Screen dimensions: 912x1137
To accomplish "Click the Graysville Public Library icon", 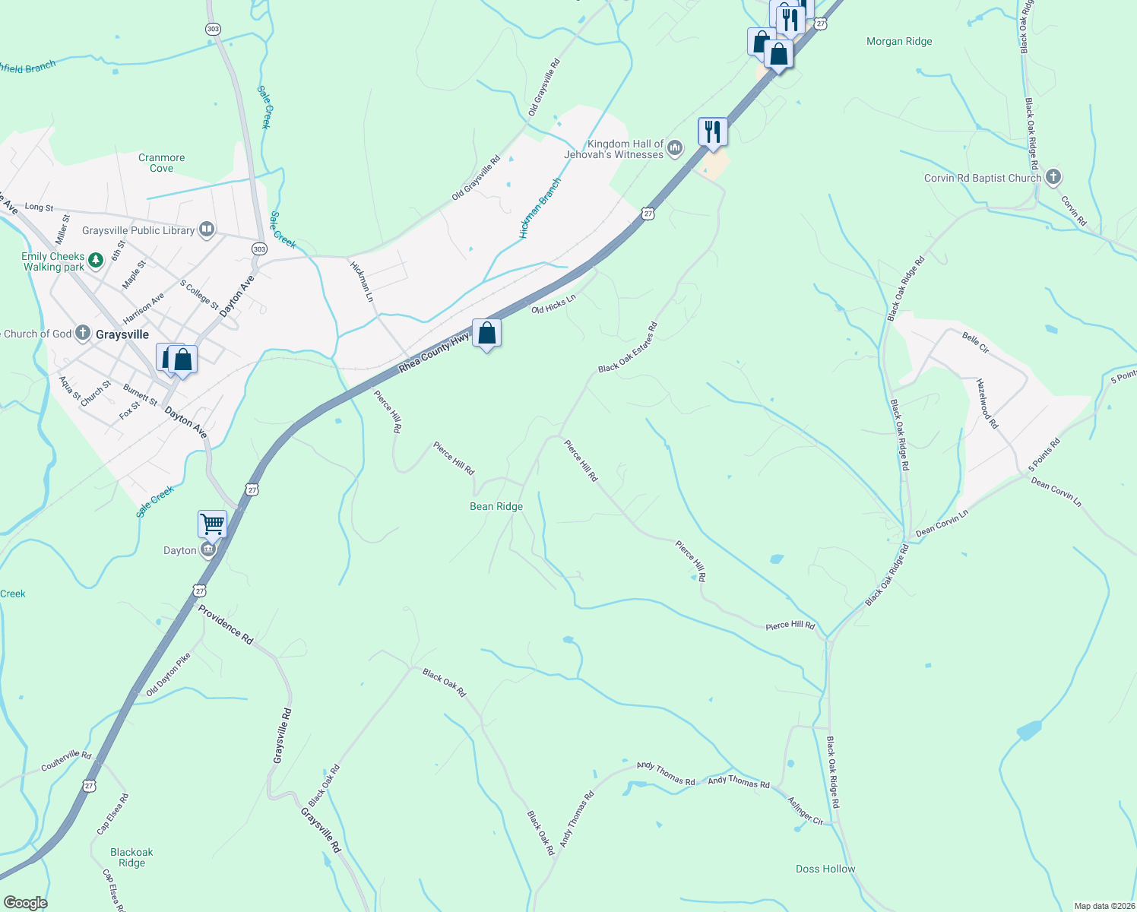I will coord(206,229).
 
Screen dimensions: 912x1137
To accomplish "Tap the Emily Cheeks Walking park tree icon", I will coord(95,261).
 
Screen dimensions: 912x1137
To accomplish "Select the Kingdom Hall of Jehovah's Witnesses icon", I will coord(674,150).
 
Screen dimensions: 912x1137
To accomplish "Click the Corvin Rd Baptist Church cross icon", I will coord(1053,178).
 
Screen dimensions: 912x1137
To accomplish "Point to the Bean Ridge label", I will coord(496,507).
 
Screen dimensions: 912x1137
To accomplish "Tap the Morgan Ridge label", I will coord(899,42).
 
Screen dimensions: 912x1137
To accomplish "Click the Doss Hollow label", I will coord(825,869).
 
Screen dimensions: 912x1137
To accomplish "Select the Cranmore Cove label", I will coord(161,163).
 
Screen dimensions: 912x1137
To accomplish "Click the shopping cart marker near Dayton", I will coord(212,524).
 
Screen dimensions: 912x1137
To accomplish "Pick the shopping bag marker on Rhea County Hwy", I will coord(486,333).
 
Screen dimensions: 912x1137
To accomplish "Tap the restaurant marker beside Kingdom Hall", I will coord(712,131).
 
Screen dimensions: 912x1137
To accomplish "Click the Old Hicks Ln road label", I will coord(553,305).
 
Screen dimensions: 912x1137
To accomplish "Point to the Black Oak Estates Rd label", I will coord(628,348).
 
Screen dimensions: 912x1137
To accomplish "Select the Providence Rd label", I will coord(226,625).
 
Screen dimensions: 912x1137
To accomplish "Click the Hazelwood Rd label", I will coord(987,404).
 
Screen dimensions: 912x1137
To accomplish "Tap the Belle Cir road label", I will coord(975,343).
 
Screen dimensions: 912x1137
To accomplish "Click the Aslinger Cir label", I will coord(805,812).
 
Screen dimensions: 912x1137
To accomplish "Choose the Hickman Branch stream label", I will coord(540,208).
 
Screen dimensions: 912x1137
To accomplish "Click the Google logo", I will coord(25,903).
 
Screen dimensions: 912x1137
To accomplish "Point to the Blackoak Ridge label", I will coord(131,858).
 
